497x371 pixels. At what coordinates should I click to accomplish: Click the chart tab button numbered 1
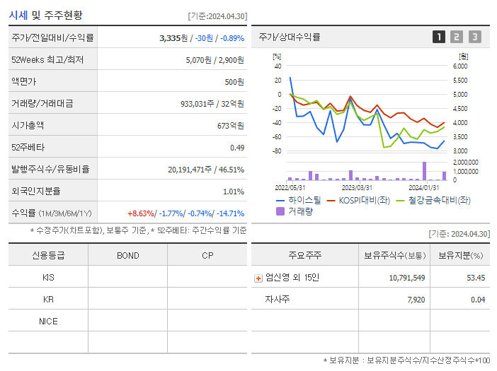[439, 37]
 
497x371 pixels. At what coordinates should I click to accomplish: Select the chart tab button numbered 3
[474, 37]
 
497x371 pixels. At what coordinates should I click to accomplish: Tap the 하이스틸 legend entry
[299, 200]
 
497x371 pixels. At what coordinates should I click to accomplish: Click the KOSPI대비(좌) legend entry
[359, 200]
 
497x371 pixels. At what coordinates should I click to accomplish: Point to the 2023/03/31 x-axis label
[357, 187]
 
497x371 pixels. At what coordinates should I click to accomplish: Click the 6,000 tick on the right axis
[459, 66]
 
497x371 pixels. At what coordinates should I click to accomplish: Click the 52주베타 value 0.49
[237, 148]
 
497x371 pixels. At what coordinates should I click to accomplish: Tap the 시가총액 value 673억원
[230, 126]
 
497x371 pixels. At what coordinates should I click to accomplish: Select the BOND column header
[127, 255]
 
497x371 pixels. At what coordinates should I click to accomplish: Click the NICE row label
[48, 321]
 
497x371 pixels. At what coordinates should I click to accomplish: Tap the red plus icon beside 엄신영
[258, 278]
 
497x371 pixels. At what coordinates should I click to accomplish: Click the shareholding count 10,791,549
[407, 278]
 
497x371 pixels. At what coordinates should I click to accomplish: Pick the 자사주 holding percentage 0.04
[477, 300]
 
